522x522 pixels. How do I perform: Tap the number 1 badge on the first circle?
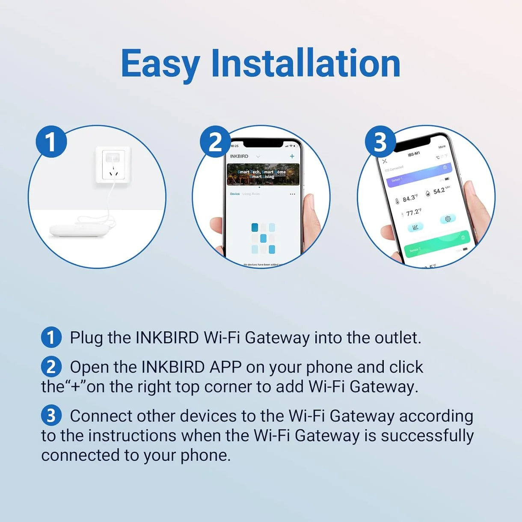[x=51, y=142]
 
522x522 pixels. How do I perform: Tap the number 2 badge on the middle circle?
[x=215, y=142]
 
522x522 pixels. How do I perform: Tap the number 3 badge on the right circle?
[x=380, y=142]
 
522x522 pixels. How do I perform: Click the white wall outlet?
[x=113, y=165]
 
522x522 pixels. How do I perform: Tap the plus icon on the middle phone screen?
[x=292, y=156]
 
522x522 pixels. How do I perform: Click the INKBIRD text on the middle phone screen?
[x=239, y=156]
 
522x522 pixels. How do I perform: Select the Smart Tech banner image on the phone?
[x=263, y=174]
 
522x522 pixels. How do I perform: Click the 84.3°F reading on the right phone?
[x=410, y=198]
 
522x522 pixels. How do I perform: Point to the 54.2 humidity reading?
[x=439, y=191]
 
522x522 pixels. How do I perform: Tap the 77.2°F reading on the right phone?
[x=413, y=212]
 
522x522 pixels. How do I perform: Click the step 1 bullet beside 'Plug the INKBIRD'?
[x=51, y=337]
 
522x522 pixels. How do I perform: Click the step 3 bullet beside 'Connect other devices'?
[x=51, y=415]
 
